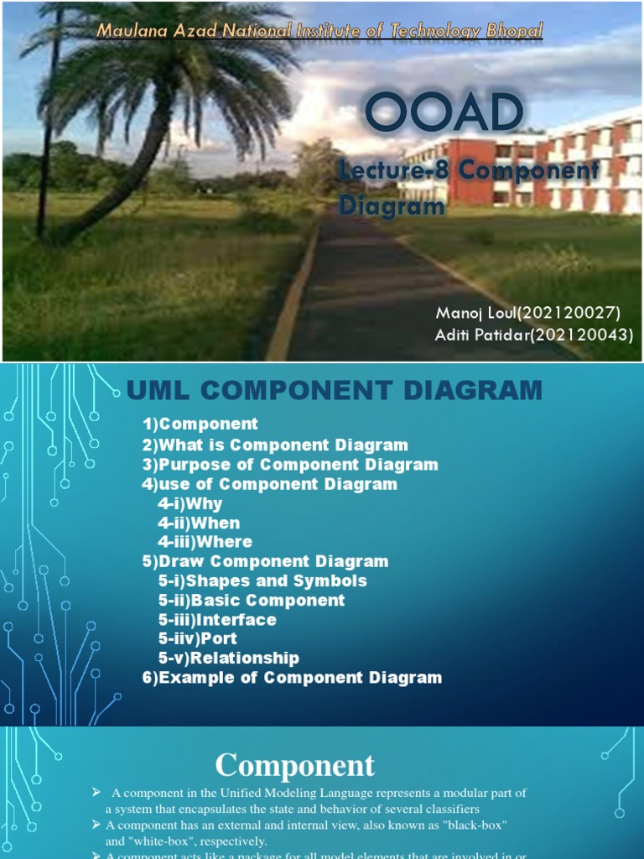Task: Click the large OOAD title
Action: coord(444,114)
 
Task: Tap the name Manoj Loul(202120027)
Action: coord(528,314)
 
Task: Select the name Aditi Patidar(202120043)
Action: coord(534,336)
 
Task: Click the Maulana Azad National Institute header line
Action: coord(319,31)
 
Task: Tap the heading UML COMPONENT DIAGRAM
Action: coord(334,390)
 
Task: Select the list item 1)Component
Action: coord(200,424)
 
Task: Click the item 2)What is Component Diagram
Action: coord(275,445)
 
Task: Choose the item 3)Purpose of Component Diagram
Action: coord(290,464)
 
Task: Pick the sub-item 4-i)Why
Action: coord(190,503)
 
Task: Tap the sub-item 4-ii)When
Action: coord(199,523)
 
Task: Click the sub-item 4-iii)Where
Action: coord(205,542)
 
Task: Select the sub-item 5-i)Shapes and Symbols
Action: coord(262,580)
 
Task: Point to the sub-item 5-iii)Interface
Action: coord(216,619)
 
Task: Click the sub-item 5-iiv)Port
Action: coord(197,638)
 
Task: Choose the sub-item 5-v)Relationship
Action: coord(228,658)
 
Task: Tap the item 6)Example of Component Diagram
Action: coord(292,677)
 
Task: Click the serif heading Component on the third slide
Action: coord(295,765)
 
